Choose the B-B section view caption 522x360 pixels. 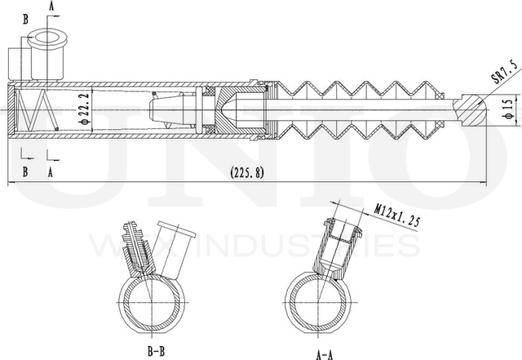[x=158, y=352]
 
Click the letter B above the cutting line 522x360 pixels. [x=25, y=18]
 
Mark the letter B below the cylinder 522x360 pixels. [x=25, y=171]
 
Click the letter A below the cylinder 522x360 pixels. [x=51, y=171]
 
